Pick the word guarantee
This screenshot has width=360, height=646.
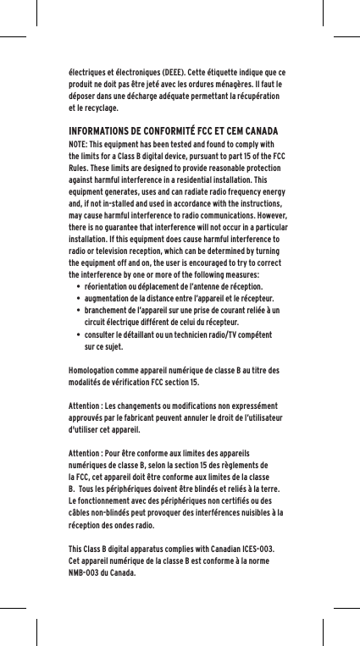coord(132,228)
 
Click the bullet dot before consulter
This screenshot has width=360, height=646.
coord(77,334)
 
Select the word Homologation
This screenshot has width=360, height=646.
coord(94,370)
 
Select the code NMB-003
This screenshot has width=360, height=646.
coord(87,571)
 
